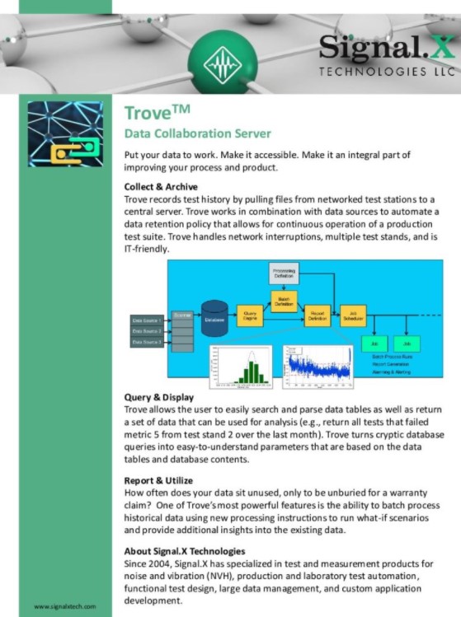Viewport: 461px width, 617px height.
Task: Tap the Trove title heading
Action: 153,113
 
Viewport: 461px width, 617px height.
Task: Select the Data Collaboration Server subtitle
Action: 197,133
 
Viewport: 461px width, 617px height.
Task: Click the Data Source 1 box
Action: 146,320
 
